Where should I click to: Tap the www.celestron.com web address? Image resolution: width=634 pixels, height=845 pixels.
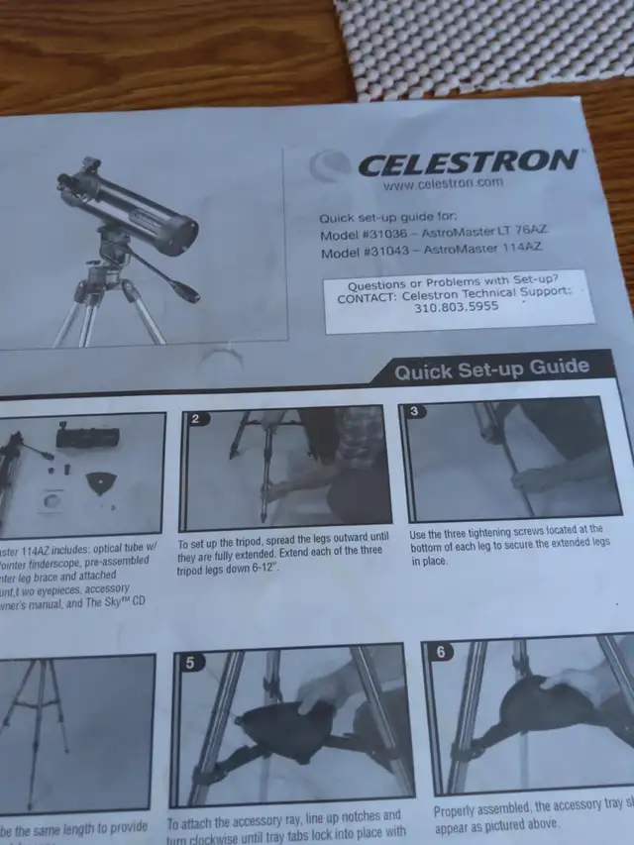click(443, 183)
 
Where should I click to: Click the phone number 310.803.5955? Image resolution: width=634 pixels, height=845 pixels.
click(457, 308)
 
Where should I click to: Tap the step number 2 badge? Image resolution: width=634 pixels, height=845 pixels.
click(196, 418)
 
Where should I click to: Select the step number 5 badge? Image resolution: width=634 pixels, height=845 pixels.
click(188, 665)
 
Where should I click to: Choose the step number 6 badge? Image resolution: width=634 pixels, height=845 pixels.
click(441, 653)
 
